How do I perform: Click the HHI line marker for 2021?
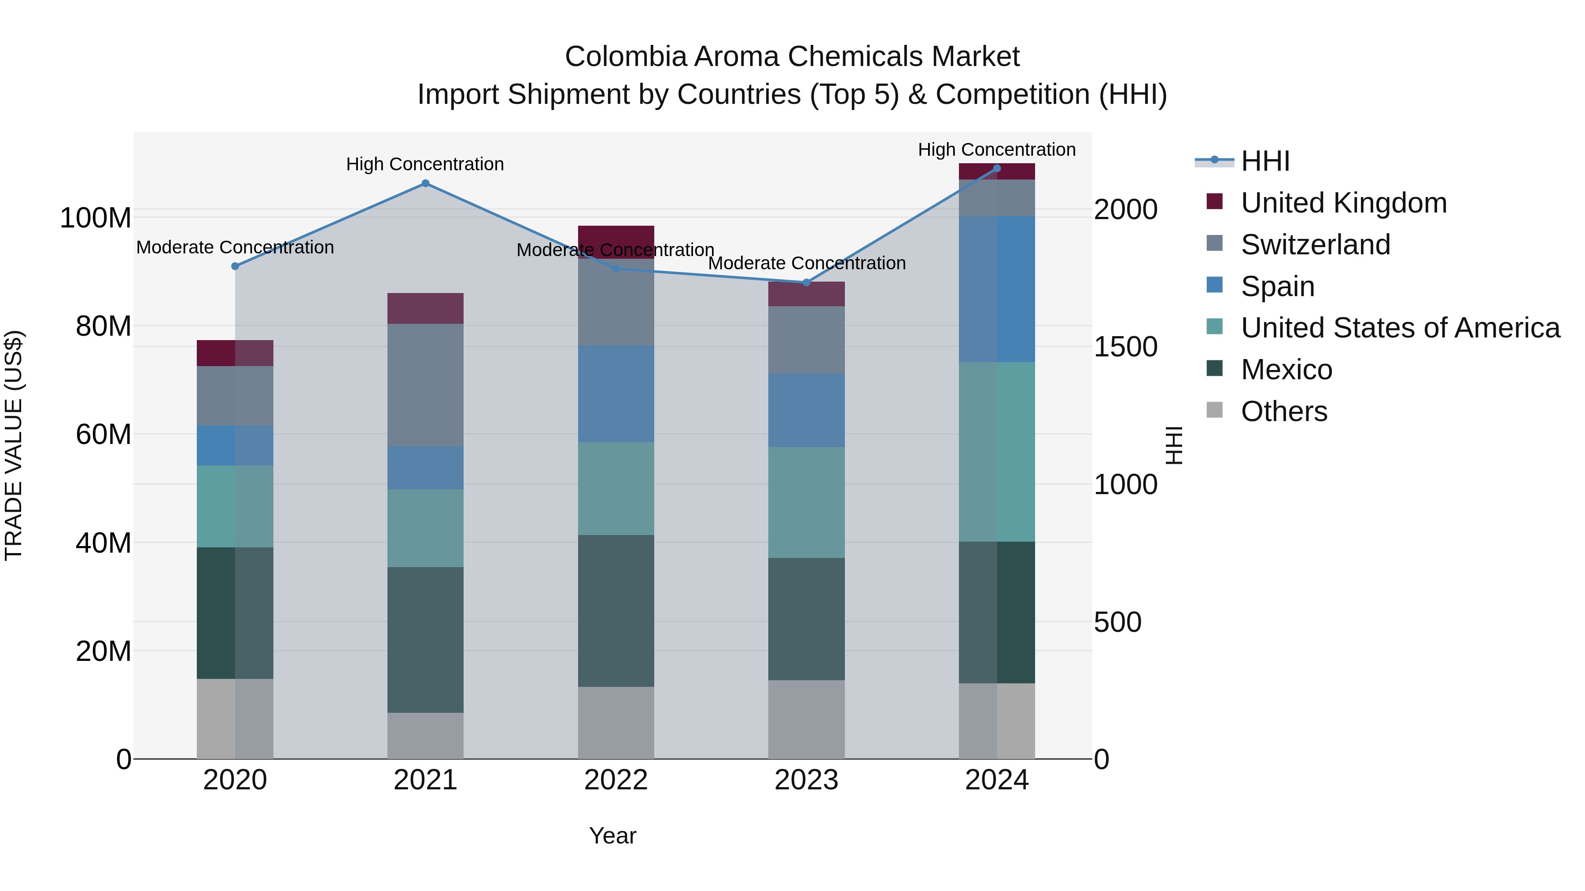[425, 183]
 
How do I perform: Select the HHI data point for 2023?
[806, 282]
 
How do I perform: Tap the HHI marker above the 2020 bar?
[235, 266]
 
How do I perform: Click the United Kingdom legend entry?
[1343, 203]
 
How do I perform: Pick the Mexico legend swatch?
[1215, 369]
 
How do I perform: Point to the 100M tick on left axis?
[96, 218]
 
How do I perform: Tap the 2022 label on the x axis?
[616, 780]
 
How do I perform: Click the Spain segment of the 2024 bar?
[996, 289]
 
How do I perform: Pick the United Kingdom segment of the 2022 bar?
[616, 235]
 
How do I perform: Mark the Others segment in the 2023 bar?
[806, 719]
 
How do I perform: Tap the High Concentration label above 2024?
[996, 150]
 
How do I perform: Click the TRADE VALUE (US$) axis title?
[14, 445]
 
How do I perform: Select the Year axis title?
[612, 836]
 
